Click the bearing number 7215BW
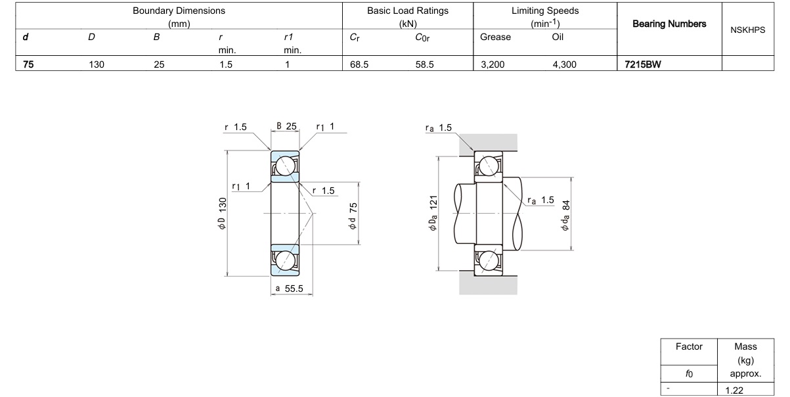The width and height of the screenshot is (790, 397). pyautogui.click(x=643, y=64)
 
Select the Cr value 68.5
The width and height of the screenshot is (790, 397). pyautogui.click(x=359, y=64)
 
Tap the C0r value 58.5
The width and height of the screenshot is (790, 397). pyautogui.click(x=425, y=64)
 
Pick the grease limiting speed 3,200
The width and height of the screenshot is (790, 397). pyautogui.click(x=493, y=64)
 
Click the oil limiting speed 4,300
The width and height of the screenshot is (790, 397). pyautogui.click(x=565, y=64)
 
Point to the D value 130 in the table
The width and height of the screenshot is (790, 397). pyautogui.click(x=97, y=64)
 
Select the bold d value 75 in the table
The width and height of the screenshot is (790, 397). pyautogui.click(x=28, y=64)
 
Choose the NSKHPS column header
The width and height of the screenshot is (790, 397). pyautogui.click(x=748, y=30)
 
